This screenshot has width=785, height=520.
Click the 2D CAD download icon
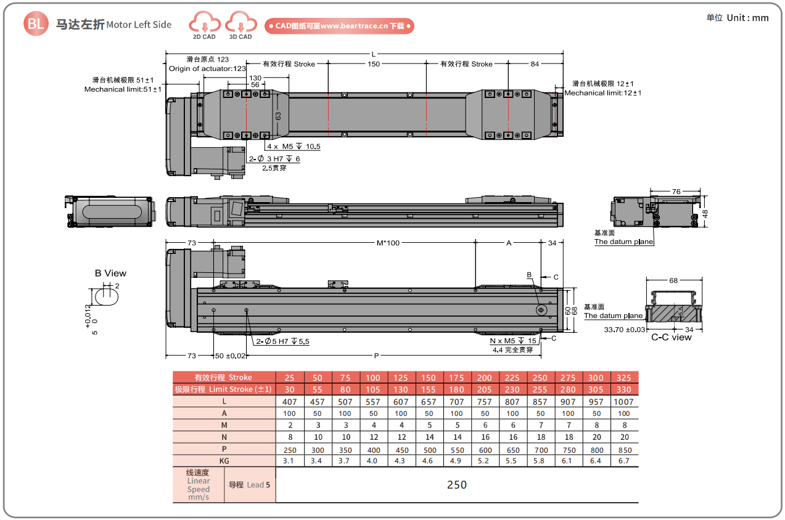click(205, 24)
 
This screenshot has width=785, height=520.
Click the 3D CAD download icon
click(240, 24)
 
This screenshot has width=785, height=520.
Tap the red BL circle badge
click(35, 24)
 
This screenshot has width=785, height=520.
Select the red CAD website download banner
click(339, 26)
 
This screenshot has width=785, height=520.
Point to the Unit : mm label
click(738, 17)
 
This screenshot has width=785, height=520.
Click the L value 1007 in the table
click(624, 402)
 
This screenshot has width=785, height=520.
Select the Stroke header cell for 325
click(624, 378)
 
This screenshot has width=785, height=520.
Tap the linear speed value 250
click(456, 485)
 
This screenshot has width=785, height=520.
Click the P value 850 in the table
click(624, 449)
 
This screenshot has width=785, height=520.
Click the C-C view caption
click(672, 337)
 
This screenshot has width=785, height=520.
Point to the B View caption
click(110, 273)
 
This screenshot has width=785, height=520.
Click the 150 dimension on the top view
click(374, 63)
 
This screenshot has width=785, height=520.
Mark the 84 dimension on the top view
click(534, 63)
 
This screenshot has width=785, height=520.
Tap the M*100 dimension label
click(388, 243)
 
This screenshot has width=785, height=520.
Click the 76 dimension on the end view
click(676, 192)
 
